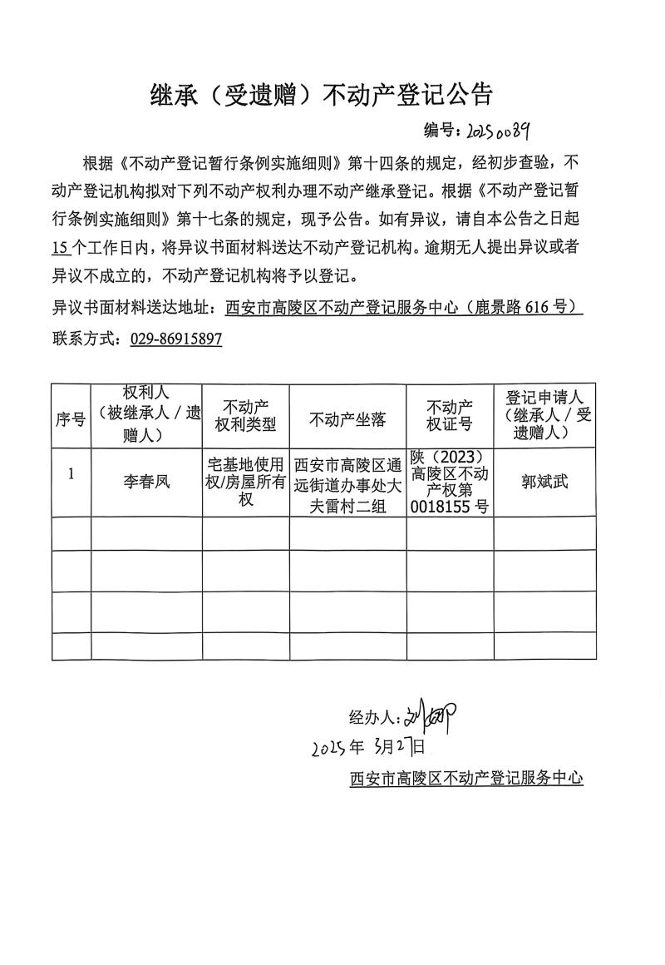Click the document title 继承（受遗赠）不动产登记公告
pyautogui.click(x=321, y=93)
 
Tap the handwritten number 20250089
pyautogui.click(x=498, y=131)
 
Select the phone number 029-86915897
pyautogui.click(x=176, y=339)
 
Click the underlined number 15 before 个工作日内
pyautogui.click(x=59, y=247)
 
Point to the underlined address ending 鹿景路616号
pyautogui.click(x=404, y=307)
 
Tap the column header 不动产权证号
pyautogui.click(x=450, y=416)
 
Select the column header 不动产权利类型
pyautogui.click(x=245, y=416)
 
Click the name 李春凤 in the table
pyautogui.click(x=145, y=482)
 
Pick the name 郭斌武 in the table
pyautogui.click(x=544, y=482)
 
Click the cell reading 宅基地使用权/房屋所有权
pyautogui.click(x=245, y=482)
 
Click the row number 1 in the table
pyautogui.click(x=71, y=474)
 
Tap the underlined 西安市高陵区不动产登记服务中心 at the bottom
pyautogui.click(x=466, y=779)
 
